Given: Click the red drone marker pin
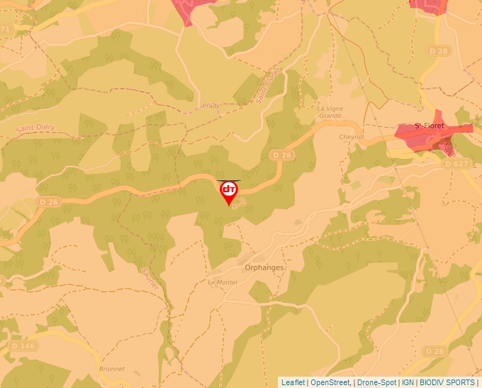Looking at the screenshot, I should point(229,192).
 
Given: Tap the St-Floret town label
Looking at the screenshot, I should point(429,126).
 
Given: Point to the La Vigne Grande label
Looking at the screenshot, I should point(330,111).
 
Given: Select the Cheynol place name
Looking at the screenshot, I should point(351,137).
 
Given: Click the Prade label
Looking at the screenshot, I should point(211,106).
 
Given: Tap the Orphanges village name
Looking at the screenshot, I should point(264,267).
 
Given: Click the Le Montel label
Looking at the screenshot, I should point(222,282).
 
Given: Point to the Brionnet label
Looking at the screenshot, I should point(112,369).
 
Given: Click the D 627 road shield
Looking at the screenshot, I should point(458,163).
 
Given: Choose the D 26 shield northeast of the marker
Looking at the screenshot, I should point(281,155).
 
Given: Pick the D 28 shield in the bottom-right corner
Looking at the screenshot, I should point(435,351).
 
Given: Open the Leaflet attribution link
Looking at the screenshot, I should point(293,382).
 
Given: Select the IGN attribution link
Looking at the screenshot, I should point(408,382).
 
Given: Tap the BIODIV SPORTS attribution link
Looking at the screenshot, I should point(447,382).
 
